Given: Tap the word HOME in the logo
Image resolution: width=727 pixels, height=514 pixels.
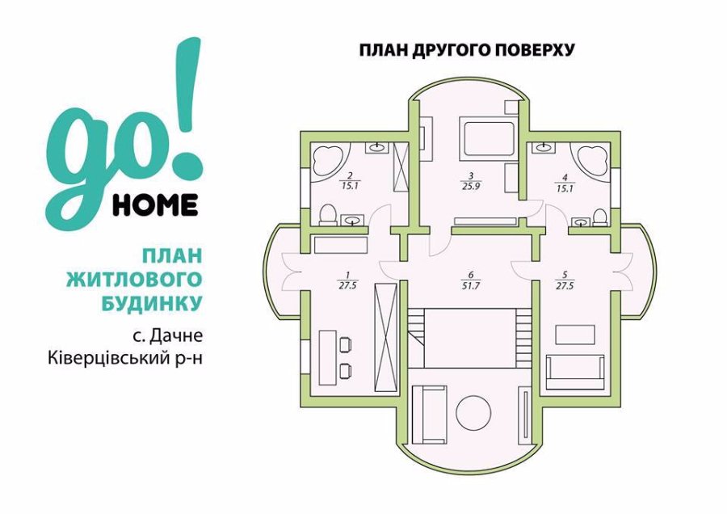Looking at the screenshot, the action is pos(155,205).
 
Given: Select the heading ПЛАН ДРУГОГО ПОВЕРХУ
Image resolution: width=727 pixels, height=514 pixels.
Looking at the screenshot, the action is pos(467,49).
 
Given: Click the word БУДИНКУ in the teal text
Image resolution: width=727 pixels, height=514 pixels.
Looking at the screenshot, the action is pos(151,303).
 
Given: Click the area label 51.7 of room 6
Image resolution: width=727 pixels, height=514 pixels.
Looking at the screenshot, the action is pos(471,286).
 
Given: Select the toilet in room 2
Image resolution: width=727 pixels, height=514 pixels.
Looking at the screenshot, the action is pos(328,214).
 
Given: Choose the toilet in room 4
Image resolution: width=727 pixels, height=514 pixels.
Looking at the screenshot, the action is pos(599,216).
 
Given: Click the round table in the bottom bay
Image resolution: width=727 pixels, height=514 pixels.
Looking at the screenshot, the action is pos(473,413).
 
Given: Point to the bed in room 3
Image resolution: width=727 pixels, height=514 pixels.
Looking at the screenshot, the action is pos(487,137).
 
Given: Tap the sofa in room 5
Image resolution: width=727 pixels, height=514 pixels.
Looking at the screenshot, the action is pos(575,372).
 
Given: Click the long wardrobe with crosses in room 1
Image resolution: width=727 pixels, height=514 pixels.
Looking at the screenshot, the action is pos(386,337).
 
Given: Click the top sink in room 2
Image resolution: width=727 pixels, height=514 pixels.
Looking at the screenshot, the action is pos(379,148).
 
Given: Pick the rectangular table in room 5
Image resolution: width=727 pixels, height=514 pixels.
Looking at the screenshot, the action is pos(575,335).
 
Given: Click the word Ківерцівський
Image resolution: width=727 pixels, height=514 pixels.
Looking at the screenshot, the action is pos(110,359).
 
